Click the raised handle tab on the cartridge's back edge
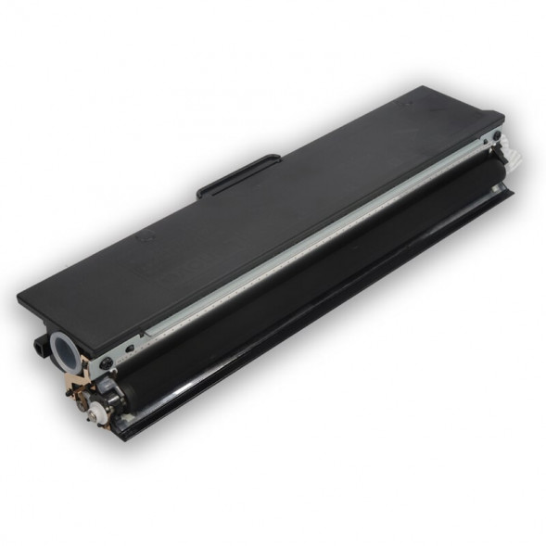[x=238, y=173]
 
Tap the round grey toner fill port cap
[x=67, y=349]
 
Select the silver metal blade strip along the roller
[x=306, y=241]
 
